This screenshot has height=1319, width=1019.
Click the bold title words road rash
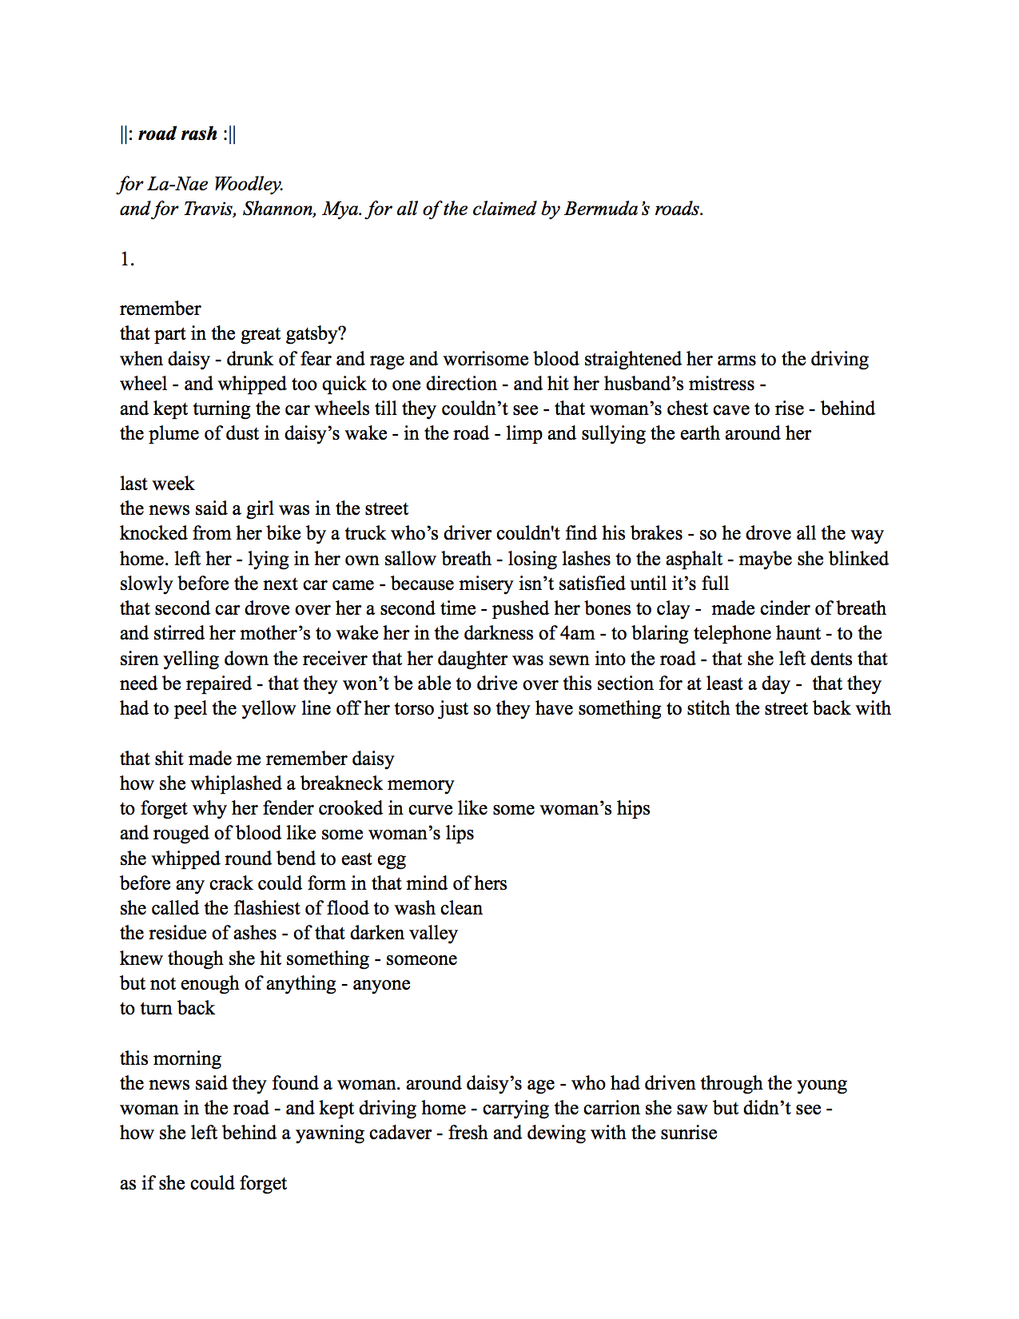(177, 133)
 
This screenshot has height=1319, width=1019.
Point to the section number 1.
(127, 259)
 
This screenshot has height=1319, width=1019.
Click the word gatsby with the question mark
(313, 333)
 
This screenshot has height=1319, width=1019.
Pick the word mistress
(717, 384)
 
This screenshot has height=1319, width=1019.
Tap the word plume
(173, 433)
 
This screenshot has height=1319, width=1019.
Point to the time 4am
(575, 633)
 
